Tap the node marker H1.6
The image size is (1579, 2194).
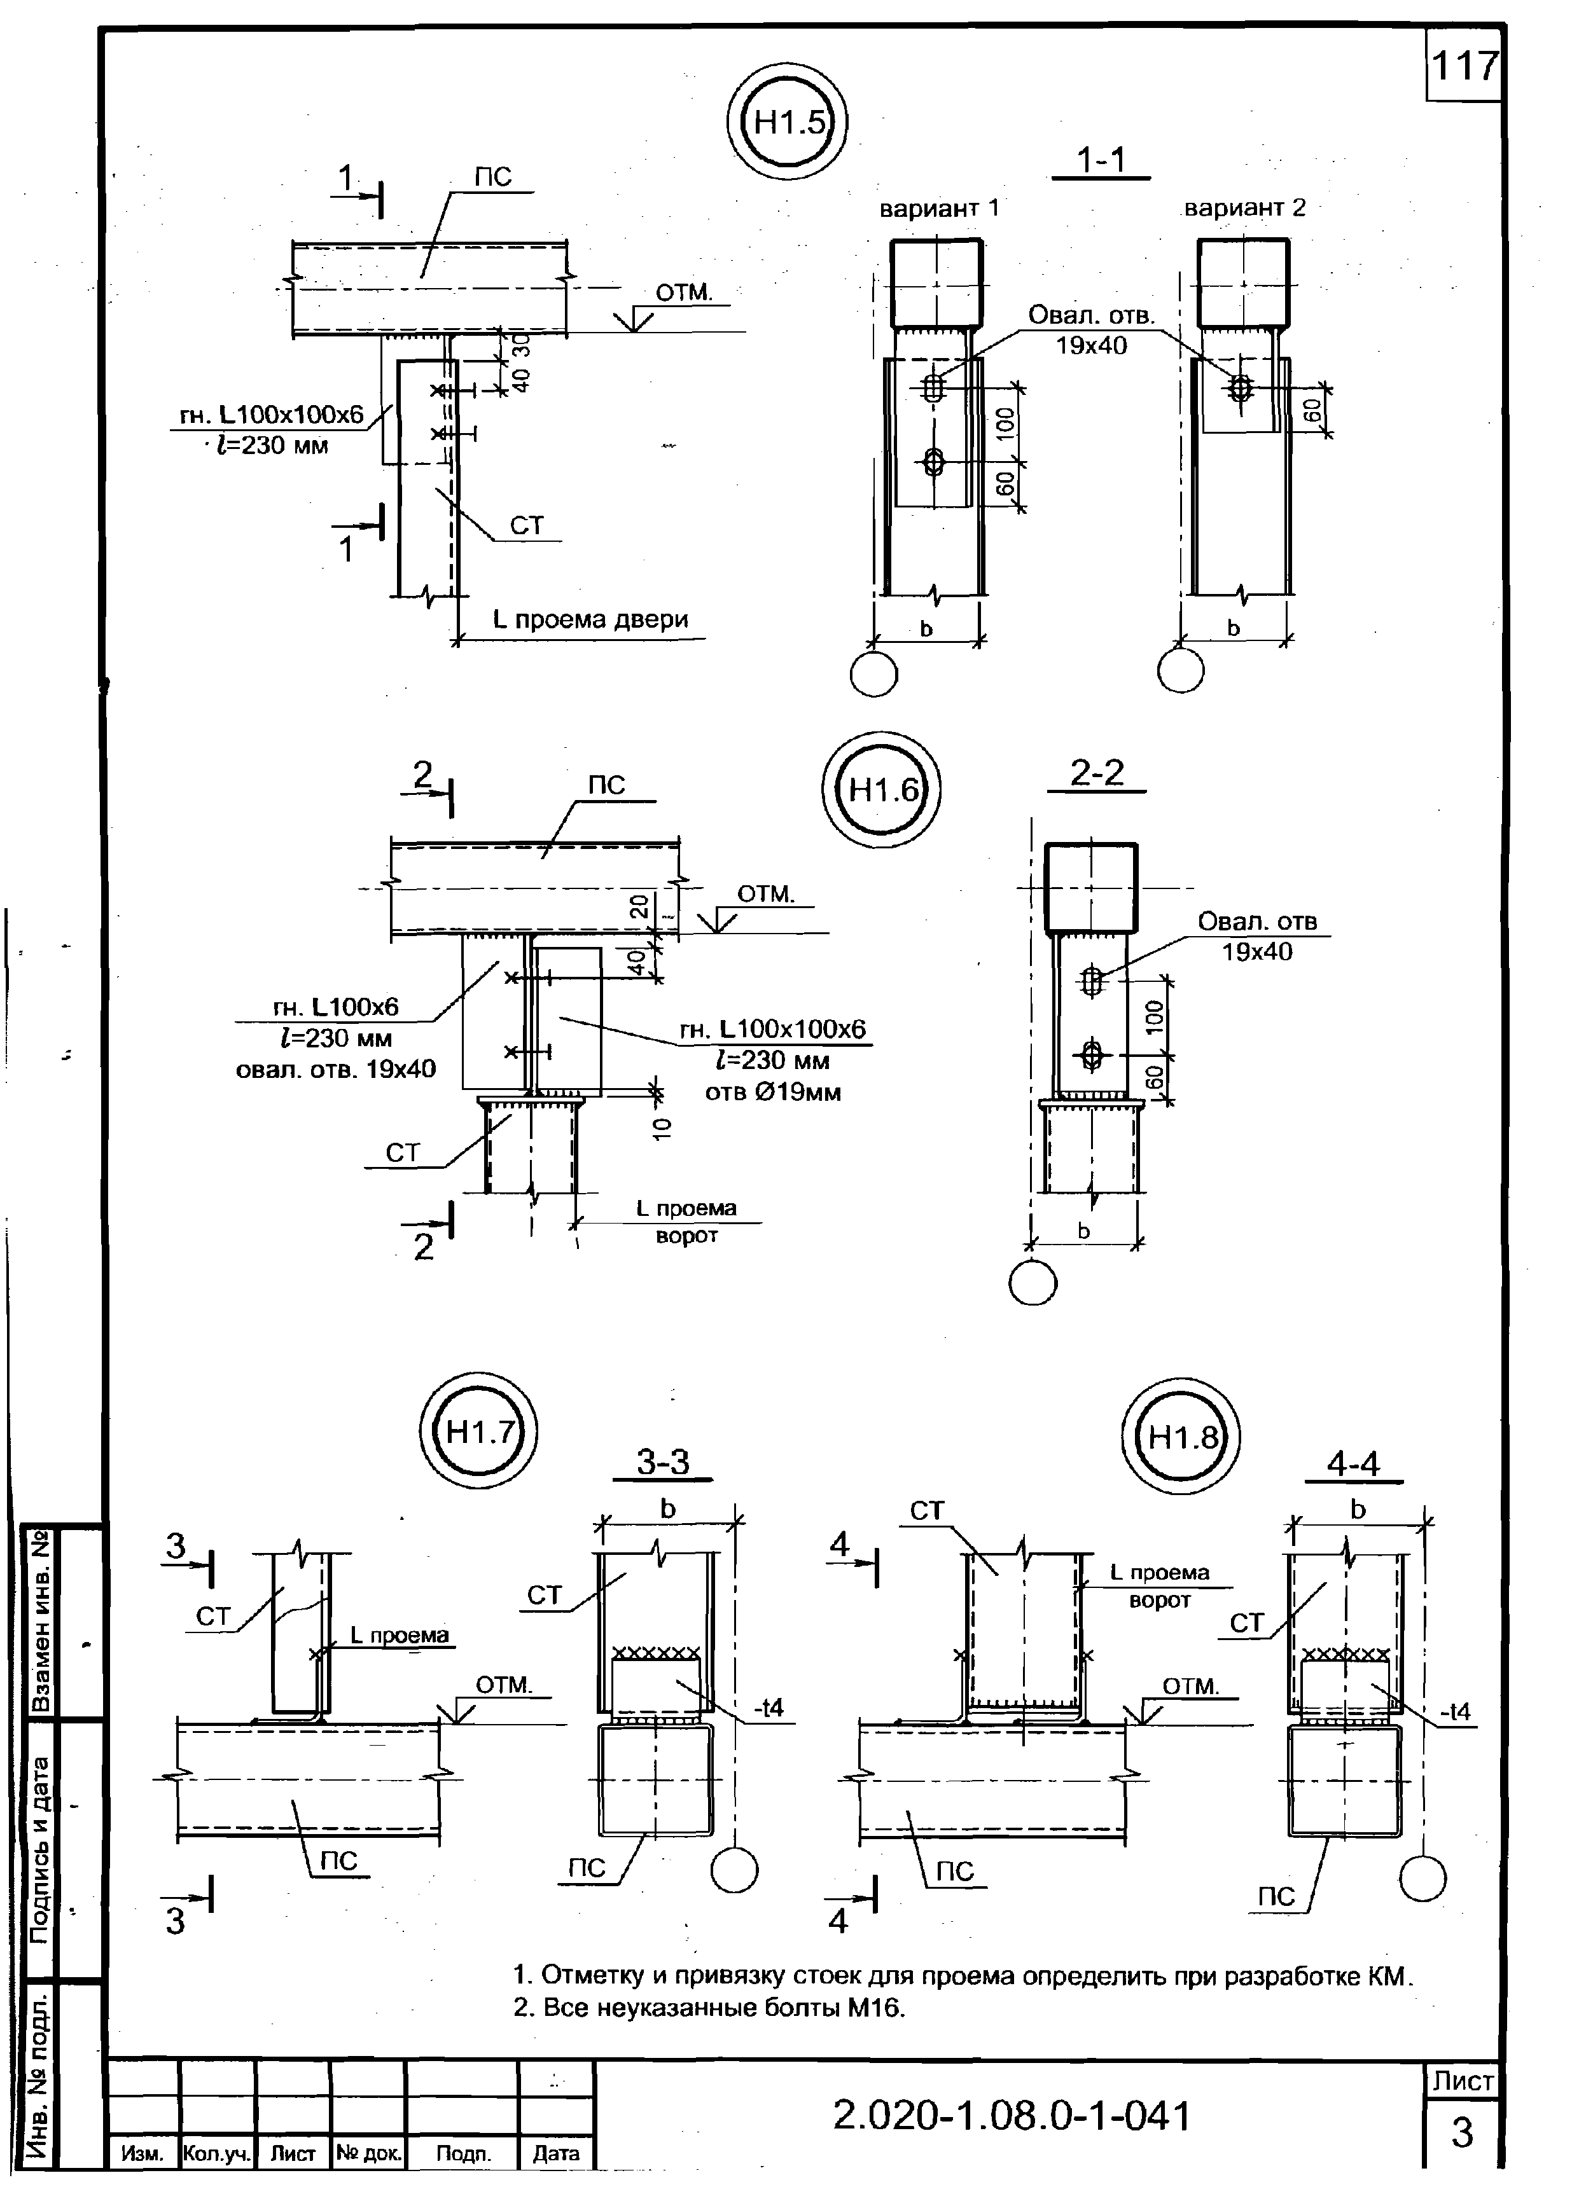click(880, 790)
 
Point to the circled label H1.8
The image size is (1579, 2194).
click(1179, 1437)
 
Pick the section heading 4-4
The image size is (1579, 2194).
click(1353, 1464)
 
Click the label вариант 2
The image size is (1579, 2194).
click(1244, 207)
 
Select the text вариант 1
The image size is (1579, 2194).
click(938, 208)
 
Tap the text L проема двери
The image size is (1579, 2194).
click(590, 619)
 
